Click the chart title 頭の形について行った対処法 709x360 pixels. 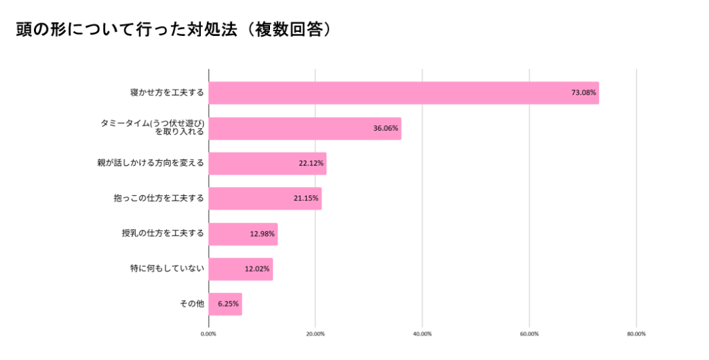(173, 30)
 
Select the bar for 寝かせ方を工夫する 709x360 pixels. (403, 93)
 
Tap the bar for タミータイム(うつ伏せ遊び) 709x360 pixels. (305, 128)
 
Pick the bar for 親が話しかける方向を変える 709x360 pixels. (267, 163)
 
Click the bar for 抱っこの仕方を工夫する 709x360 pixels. (264, 199)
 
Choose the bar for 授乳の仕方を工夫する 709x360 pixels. (243, 234)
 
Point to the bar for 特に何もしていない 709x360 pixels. (240, 269)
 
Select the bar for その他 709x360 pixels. (225, 305)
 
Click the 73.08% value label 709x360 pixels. (583, 93)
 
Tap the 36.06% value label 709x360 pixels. (385, 128)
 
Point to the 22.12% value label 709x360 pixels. (310, 163)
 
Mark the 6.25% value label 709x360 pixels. (228, 305)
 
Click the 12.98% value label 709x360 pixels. (262, 234)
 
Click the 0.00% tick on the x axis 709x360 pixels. (208, 334)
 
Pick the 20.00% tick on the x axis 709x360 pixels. (315, 334)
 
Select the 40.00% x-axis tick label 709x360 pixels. (422, 334)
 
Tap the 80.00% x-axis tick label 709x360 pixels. (636, 334)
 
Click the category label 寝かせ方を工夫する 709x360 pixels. (167, 93)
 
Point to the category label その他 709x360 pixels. (191, 305)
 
